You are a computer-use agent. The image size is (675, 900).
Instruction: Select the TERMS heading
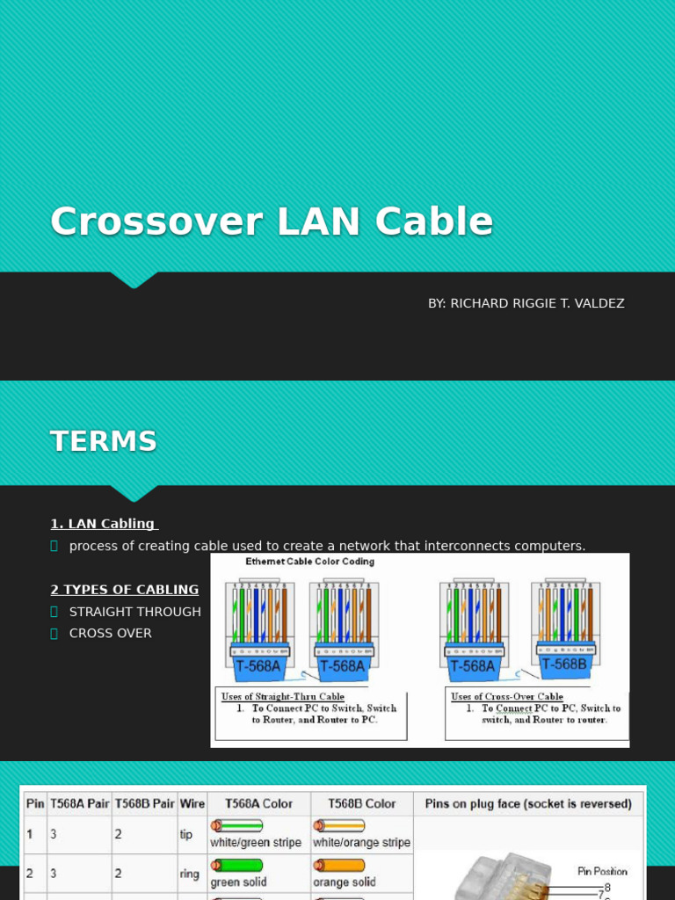coord(104,441)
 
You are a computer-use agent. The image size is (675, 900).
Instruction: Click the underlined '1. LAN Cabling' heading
coord(103,524)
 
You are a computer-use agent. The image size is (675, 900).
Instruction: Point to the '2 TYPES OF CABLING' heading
coord(124,590)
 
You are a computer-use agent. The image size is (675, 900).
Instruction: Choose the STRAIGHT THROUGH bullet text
coord(135,612)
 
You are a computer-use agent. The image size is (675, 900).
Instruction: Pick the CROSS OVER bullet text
coord(111,633)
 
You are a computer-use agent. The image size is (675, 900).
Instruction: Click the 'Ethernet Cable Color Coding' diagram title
coord(309,562)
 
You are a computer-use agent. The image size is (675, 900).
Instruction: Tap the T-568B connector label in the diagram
coord(564,664)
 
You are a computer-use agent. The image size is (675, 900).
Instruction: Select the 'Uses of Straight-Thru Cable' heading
coord(283,697)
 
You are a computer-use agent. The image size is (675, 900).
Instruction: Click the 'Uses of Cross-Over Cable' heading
coord(507,697)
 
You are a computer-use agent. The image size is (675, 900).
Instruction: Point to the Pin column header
coord(35,803)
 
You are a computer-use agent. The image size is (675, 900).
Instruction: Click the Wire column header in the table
coord(192,803)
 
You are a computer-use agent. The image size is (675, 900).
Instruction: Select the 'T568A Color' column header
coord(258,803)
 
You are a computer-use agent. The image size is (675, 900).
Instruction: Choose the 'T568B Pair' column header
coord(144,803)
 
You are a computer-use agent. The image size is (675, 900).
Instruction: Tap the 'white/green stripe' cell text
coord(256,843)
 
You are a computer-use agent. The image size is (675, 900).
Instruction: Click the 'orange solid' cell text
coord(345,882)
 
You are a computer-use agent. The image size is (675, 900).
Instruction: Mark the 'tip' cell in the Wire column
coord(186,834)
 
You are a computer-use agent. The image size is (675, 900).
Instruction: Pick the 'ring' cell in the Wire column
coord(188,874)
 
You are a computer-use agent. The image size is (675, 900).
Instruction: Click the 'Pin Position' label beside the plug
coord(602,872)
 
